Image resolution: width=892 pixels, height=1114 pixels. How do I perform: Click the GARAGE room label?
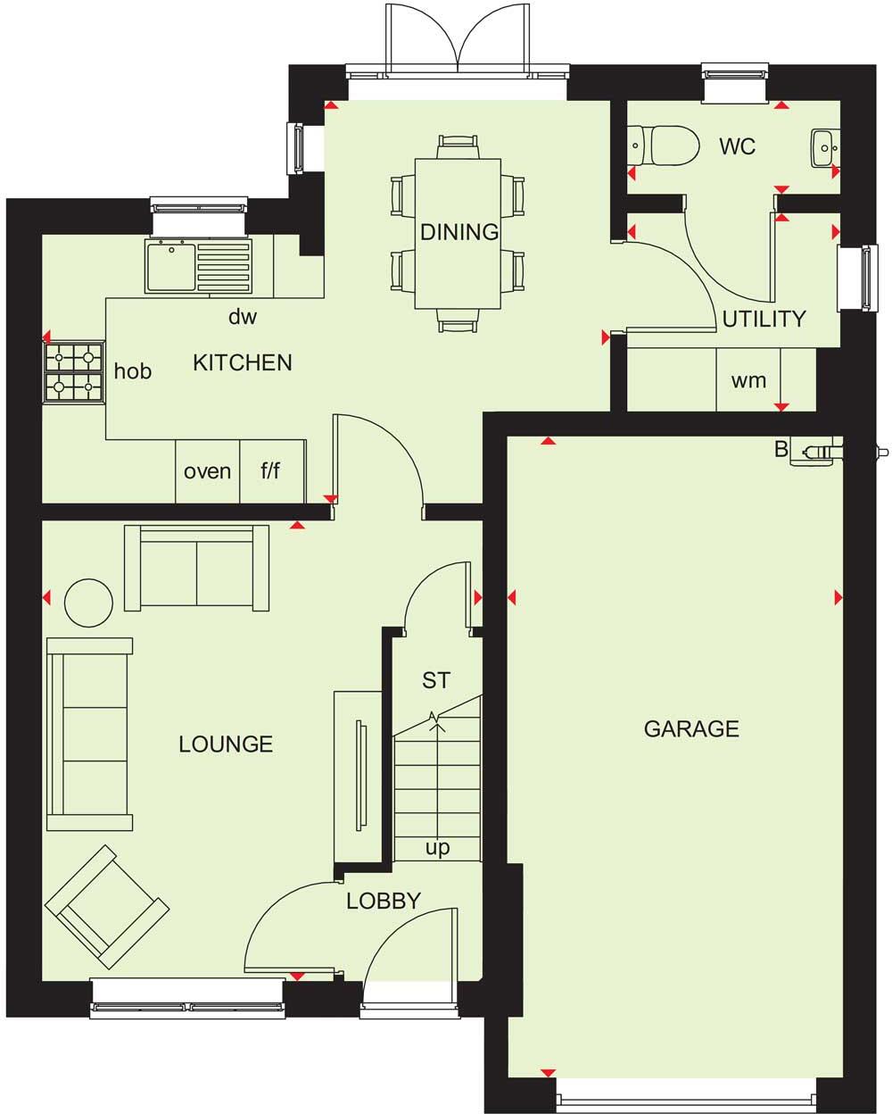pos(691,729)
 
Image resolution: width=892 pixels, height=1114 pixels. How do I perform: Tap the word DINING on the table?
pos(459,232)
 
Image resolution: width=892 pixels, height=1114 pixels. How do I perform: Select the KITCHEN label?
pos(243,362)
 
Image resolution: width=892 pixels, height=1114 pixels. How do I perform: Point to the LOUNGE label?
pos(226,744)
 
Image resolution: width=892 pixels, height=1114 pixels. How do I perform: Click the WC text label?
pos(738,146)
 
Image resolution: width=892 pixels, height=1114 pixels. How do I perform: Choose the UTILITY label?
pos(764,319)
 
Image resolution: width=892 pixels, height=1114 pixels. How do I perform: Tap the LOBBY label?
pos(384,901)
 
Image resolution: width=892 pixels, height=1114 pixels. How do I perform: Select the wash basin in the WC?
pos(823,143)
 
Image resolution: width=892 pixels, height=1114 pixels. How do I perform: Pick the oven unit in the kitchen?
pos(207,470)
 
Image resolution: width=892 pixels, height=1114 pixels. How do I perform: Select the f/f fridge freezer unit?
pos(271,470)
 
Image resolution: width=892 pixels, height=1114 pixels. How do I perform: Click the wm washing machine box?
pos(748,380)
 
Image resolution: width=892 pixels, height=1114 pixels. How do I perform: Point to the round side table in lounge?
pos(89,603)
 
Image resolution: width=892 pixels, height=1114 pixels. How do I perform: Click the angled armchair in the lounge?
pos(107,906)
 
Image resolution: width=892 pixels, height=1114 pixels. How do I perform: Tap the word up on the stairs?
pos(437,848)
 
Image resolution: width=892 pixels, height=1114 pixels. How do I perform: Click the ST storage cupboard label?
pos(435,681)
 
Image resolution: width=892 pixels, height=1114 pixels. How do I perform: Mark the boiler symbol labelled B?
pos(816,452)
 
